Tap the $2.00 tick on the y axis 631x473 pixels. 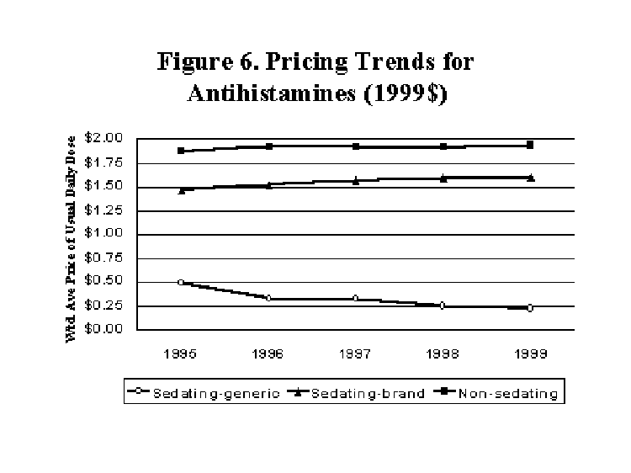(x=105, y=138)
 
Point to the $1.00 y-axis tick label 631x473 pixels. (x=105, y=234)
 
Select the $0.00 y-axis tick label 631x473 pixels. (x=105, y=329)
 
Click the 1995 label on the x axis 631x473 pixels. (x=181, y=355)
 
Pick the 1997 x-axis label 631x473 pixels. (x=355, y=355)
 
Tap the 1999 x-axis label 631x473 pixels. (x=530, y=355)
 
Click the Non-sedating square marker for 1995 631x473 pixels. (x=181, y=151)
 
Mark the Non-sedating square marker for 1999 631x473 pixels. (x=530, y=145)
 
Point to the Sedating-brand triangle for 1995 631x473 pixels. (x=181, y=190)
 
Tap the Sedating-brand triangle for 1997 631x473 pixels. (x=355, y=180)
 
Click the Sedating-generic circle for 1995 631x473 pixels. (x=181, y=283)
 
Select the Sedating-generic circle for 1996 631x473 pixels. (x=268, y=298)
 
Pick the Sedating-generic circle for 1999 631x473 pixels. (x=530, y=308)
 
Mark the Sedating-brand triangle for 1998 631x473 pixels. (x=443, y=178)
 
